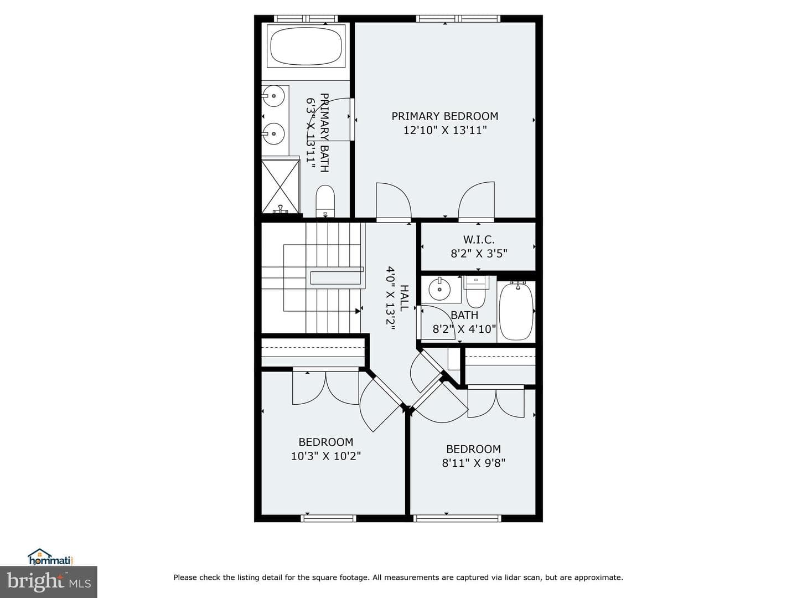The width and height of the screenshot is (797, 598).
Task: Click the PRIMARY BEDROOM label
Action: tap(445, 116)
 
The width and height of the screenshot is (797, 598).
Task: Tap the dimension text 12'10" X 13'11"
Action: tap(445, 130)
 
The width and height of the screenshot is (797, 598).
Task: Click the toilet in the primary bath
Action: tap(325, 202)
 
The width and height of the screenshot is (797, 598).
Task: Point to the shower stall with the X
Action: tap(280, 187)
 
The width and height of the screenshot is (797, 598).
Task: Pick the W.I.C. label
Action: tap(479, 240)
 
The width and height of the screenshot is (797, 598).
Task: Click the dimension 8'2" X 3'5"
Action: tap(479, 254)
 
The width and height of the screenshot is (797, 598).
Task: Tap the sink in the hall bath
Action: tap(439, 290)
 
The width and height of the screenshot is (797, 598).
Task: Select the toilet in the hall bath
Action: tap(475, 292)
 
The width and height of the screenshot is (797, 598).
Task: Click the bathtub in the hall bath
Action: tap(516, 311)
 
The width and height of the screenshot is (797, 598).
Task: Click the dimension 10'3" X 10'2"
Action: tap(326, 456)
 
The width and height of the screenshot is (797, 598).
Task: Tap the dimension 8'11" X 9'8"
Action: tap(473, 463)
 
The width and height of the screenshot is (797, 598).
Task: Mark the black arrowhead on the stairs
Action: tap(358, 311)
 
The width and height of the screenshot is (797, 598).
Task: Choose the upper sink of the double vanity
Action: tap(274, 96)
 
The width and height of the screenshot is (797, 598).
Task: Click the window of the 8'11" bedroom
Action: tap(458, 518)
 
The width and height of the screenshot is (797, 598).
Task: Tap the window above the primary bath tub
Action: tap(306, 18)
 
